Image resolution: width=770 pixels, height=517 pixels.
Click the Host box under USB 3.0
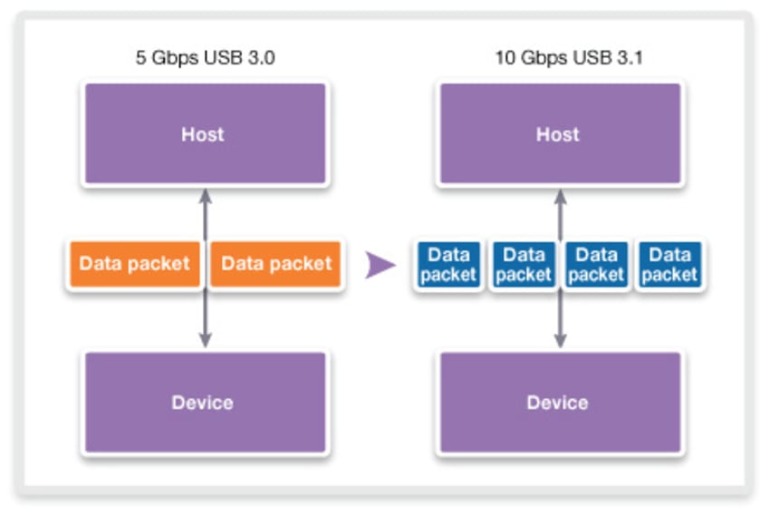pos(204,134)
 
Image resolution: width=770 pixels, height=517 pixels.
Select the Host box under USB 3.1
pos(559,134)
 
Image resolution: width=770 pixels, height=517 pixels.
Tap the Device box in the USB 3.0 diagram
pos(204,402)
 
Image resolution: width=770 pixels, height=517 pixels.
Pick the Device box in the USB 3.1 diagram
pos(559,402)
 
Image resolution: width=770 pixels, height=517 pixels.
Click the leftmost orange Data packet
pos(134,264)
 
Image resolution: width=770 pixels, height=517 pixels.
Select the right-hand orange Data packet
pos(276,264)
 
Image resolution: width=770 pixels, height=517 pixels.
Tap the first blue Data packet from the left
pos(448,265)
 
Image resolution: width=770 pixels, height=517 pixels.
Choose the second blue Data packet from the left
pos(524,265)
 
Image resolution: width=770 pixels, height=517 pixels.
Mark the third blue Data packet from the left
pos(597,265)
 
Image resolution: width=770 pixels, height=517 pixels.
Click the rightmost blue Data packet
pos(671,265)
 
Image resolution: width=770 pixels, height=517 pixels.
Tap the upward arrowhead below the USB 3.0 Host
pos(206,195)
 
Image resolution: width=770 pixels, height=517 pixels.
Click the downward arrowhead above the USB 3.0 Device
pos(206,341)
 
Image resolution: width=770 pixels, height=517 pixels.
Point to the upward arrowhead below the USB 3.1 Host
pos(560,195)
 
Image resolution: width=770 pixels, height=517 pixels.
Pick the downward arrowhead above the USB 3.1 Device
pos(560,341)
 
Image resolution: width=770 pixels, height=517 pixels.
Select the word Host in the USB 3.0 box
pos(203,134)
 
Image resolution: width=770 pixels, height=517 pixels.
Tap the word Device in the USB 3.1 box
pos(558,402)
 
